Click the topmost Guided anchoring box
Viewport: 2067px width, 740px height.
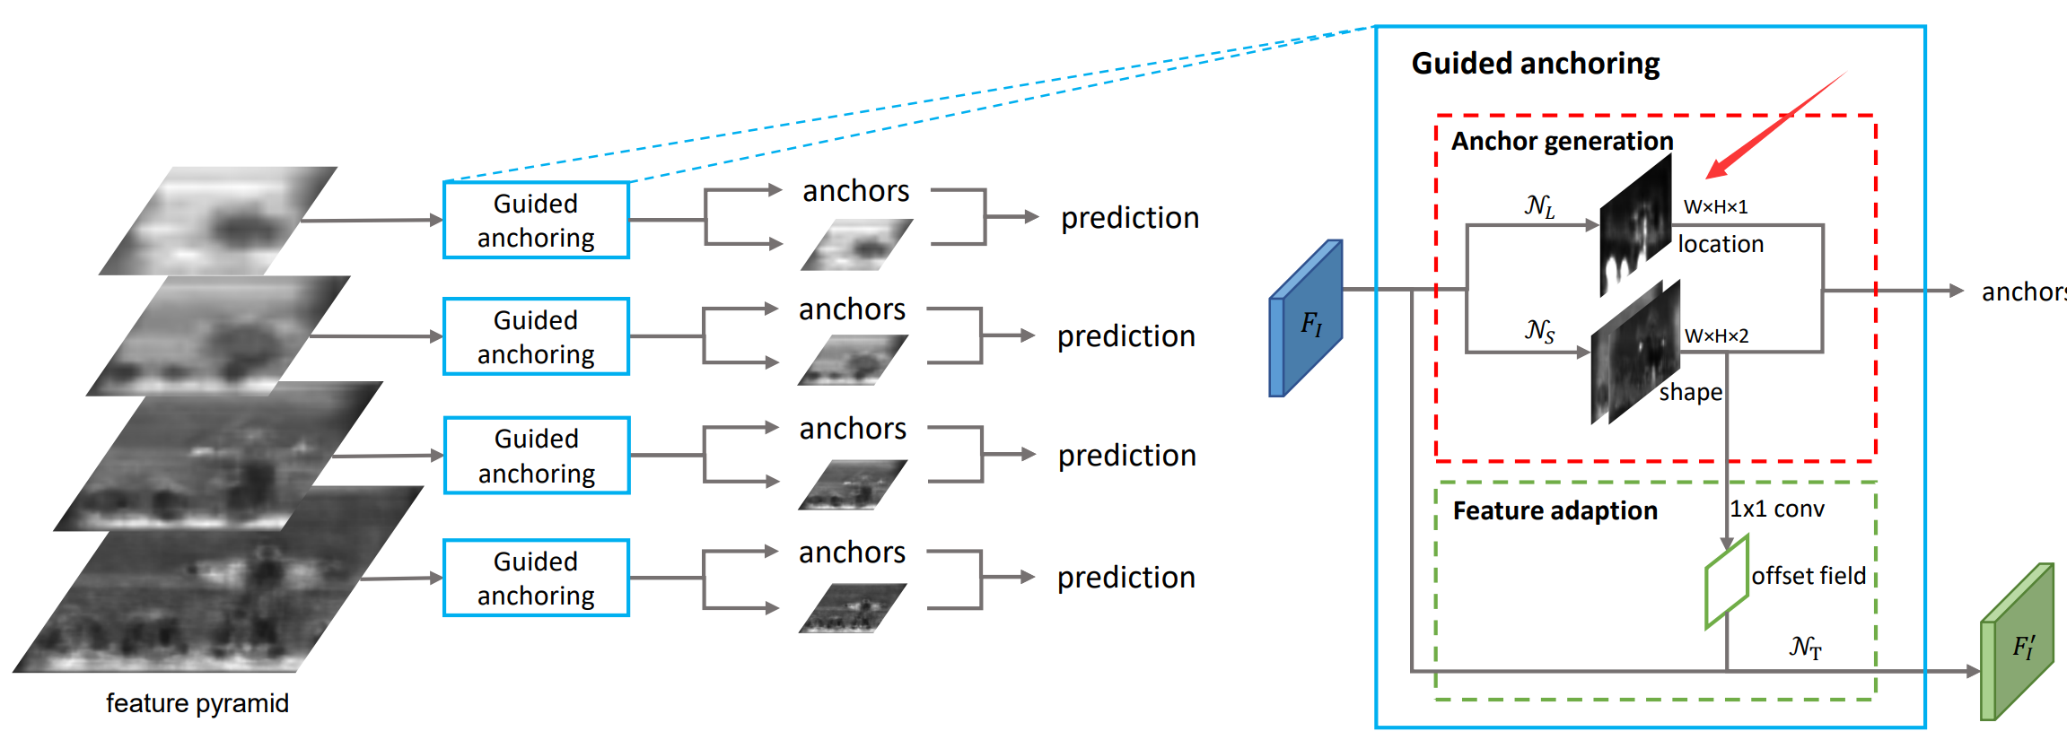tap(536, 221)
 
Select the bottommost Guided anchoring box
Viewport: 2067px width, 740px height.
tap(536, 578)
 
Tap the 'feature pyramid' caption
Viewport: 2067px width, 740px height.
tap(197, 703)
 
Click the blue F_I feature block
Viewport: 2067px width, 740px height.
tap(1306, 319)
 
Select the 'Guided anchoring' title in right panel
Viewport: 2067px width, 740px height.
tap(1535, 64)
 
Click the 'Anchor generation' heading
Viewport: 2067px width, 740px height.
tap(1562, 142)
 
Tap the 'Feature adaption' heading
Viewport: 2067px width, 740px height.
tap(1555, 510)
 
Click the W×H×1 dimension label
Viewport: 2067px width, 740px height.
tap(1715, 207)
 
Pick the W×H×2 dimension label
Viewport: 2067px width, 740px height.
tap(1716, 336)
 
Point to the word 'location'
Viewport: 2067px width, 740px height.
tap(1721, 244)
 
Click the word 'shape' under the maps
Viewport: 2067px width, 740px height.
tap(1690, 393)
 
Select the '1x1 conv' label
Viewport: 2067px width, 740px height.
tap(1777, 509)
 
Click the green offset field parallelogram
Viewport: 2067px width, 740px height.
tap(1727, 582)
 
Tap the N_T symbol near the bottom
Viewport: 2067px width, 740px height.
tap(1805, 647)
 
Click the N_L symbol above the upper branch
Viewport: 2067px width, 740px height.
tap(1539, 206)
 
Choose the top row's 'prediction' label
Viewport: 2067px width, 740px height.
tap(1129, 218)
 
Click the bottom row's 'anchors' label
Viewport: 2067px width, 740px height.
tap(852, 553)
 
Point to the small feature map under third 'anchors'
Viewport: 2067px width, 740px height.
tap(852, 485)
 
